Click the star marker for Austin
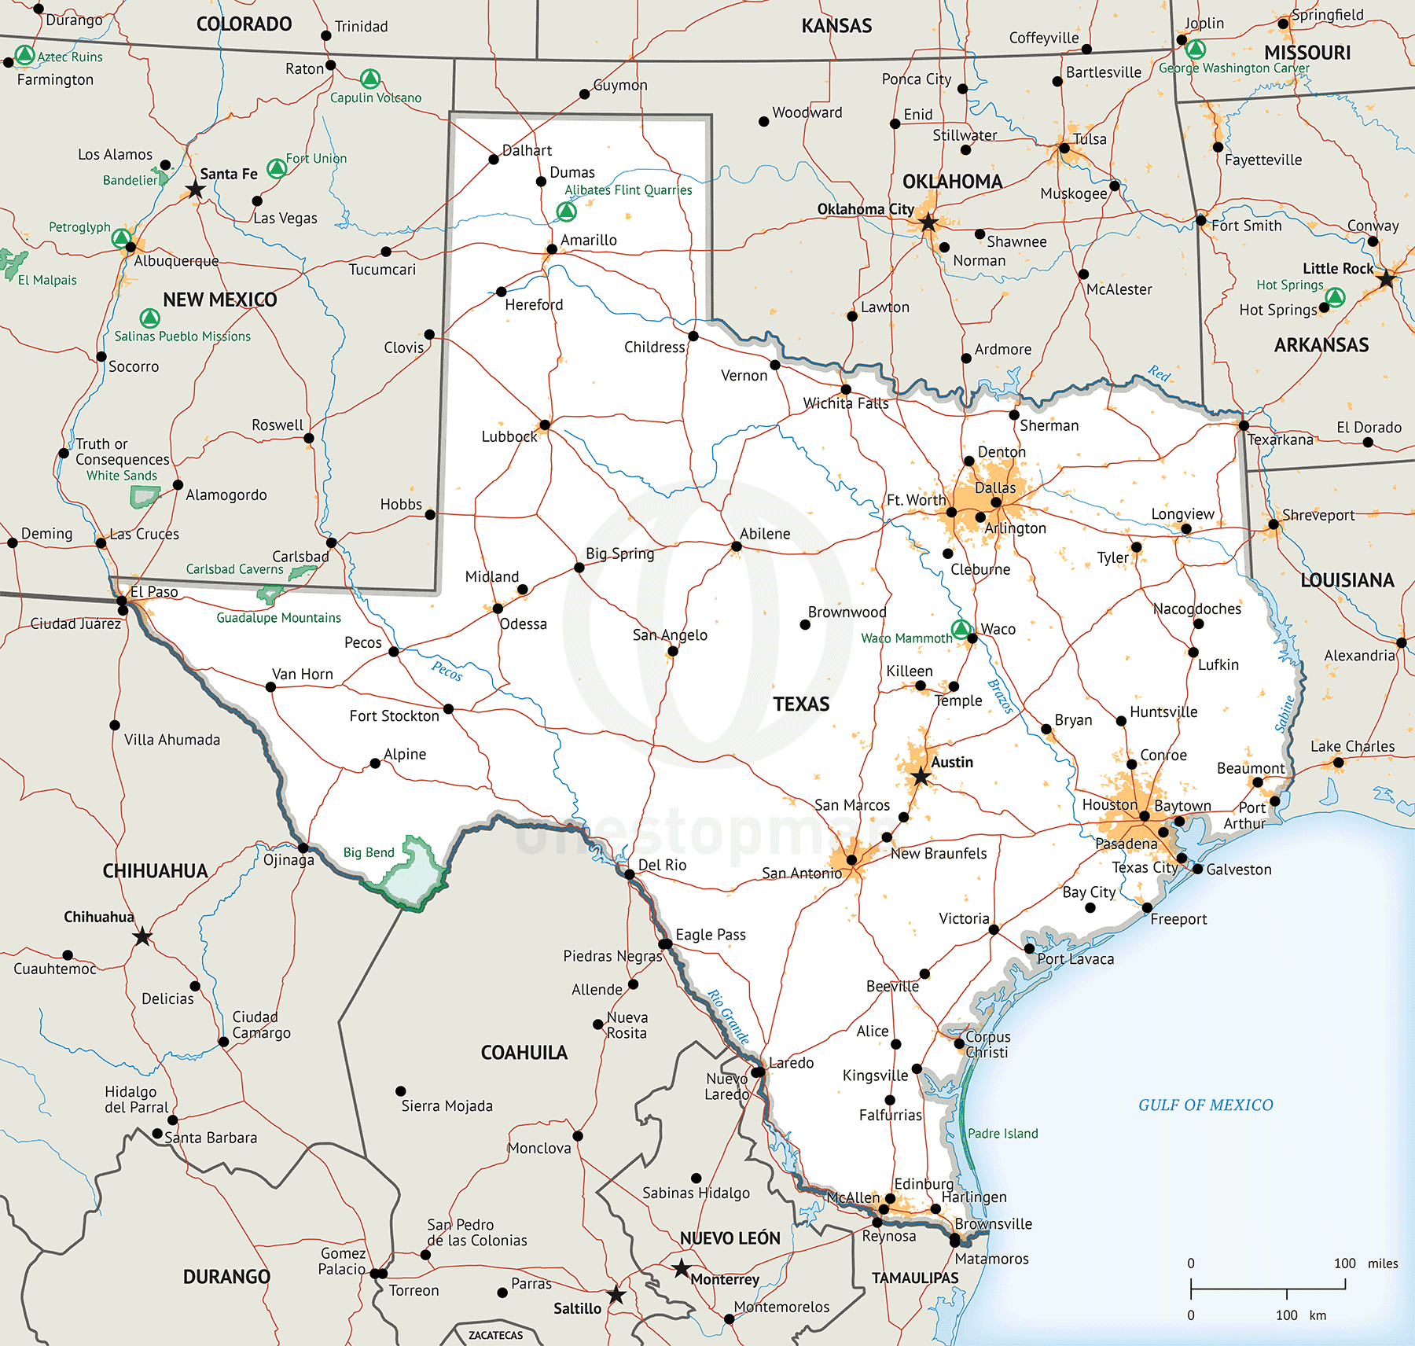click(x=921, y=778)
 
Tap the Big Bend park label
click(x=369, y=852)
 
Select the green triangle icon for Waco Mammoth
click(x=961, y=629)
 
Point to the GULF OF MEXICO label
click(x=1205, y=1105)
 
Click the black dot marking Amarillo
click(x=552, y=249)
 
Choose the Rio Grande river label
click(x=728, y=1016)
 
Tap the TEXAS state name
click(x=801, y=704)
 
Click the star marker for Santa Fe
click(x=195, y=189)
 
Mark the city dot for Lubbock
click(x=545, y=425)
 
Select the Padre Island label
click(x=1002, y=1133)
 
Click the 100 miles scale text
click(x=1365, y=1263)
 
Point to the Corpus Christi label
click(x=987, y=1044)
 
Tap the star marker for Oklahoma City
click(x=928, y=222)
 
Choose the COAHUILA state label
click(x=524, y=1052)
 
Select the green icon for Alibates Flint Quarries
click(x=566, y=211)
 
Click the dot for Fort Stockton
click(x=448, y=708)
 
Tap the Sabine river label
click(x=1285, y=713)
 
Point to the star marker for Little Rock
click(x=1386, y=279)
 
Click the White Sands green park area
click(x=144, y=496)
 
